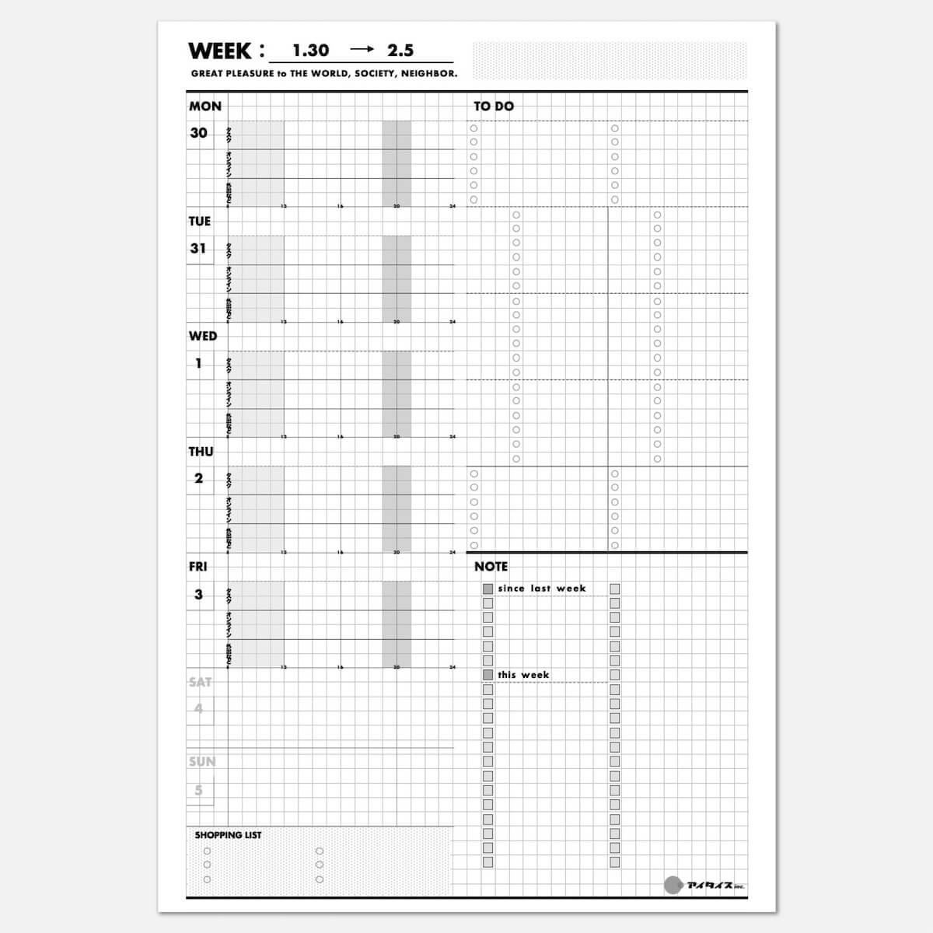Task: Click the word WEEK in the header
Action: coord(220,51)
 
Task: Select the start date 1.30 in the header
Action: coord(311,51)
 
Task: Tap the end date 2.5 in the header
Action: coord(400,51)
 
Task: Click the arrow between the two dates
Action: coord(362,49)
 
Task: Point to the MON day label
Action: coord(205,107)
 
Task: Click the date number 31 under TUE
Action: coord(198,248)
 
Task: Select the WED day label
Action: coord(203,336)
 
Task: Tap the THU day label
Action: coord(201,451)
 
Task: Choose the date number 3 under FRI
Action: coord(198,594)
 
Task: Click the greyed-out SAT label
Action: coord(200,682)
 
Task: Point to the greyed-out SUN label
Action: coord(201,762)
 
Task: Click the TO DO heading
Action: coord(494,107)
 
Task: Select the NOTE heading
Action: coord(491,567)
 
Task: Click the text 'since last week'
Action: coord(542,589)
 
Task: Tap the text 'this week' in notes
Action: coord(523,675)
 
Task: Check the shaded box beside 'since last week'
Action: coord(488,589)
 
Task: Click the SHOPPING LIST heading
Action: coord(228,835)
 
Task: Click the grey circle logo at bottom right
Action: coord(673,884)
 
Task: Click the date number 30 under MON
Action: coord(198,133)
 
